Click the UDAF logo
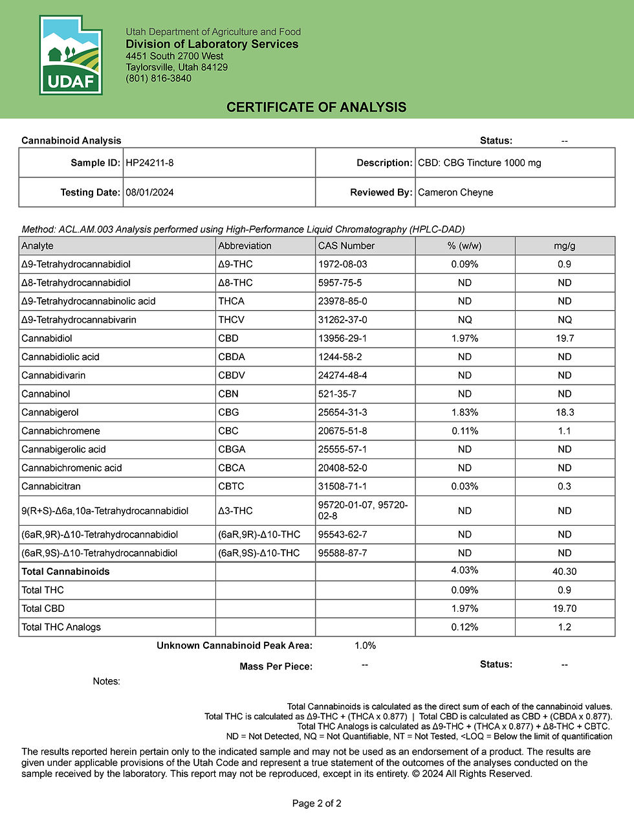(71, 56)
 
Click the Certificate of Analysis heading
(316, 107)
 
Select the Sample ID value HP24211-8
(149, 163)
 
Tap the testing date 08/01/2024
(149, 192)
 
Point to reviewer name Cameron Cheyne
(455, 192)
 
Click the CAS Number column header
(346, 246)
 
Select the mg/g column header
(564, 246)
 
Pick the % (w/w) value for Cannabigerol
(465, 412)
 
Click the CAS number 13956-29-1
(342, 339)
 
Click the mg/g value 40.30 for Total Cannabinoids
(564, 572)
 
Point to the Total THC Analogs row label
(61, 627)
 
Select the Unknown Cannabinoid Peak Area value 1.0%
(365, 646)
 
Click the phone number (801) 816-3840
(158, 78)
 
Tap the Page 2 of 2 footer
(316, 804)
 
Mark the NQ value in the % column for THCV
(465, 320)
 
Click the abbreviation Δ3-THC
(235, 511)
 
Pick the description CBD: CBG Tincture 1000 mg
(479, 163)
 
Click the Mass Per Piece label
(276, 666)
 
